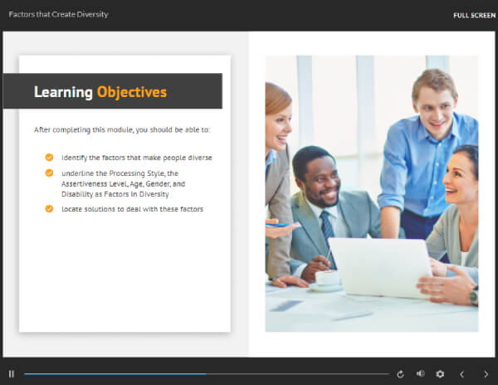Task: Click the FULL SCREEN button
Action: (x=474, y=16)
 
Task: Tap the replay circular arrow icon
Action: (x=400, y=374)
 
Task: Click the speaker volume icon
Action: (x=420, y=374)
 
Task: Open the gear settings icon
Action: (x=440, y=374)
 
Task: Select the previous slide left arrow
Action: (x=461, y=374)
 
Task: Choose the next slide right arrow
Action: (x=486, y=374)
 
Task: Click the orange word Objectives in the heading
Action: (x=132, y=92)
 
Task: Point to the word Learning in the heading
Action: (x=63, y=92)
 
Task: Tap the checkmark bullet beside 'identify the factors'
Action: (x=49, y=157)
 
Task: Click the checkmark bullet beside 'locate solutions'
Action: (x=49, y=208)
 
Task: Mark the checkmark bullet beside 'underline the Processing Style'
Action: (x=49, y=173)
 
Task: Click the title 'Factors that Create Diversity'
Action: (x=58, y=15)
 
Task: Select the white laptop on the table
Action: (x=380, y=268)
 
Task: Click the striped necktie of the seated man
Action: (x=327, y=231)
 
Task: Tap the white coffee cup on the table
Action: (x=327, y=278)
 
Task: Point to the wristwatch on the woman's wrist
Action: (x=474, y=297)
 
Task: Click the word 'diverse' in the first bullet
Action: (x=200, y=158)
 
